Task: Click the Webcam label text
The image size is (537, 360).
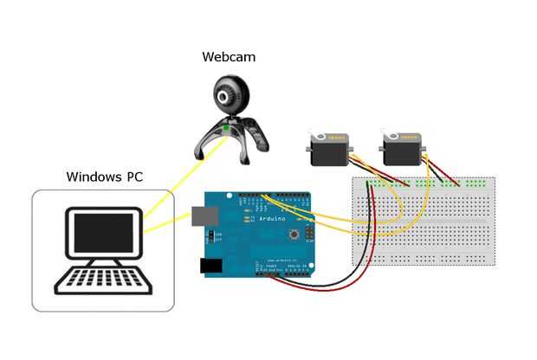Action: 229,57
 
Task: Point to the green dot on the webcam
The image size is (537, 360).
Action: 227,128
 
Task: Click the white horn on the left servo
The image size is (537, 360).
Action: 323,137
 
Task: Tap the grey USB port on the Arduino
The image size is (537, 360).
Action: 205,218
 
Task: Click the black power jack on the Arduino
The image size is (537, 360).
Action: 211,266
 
